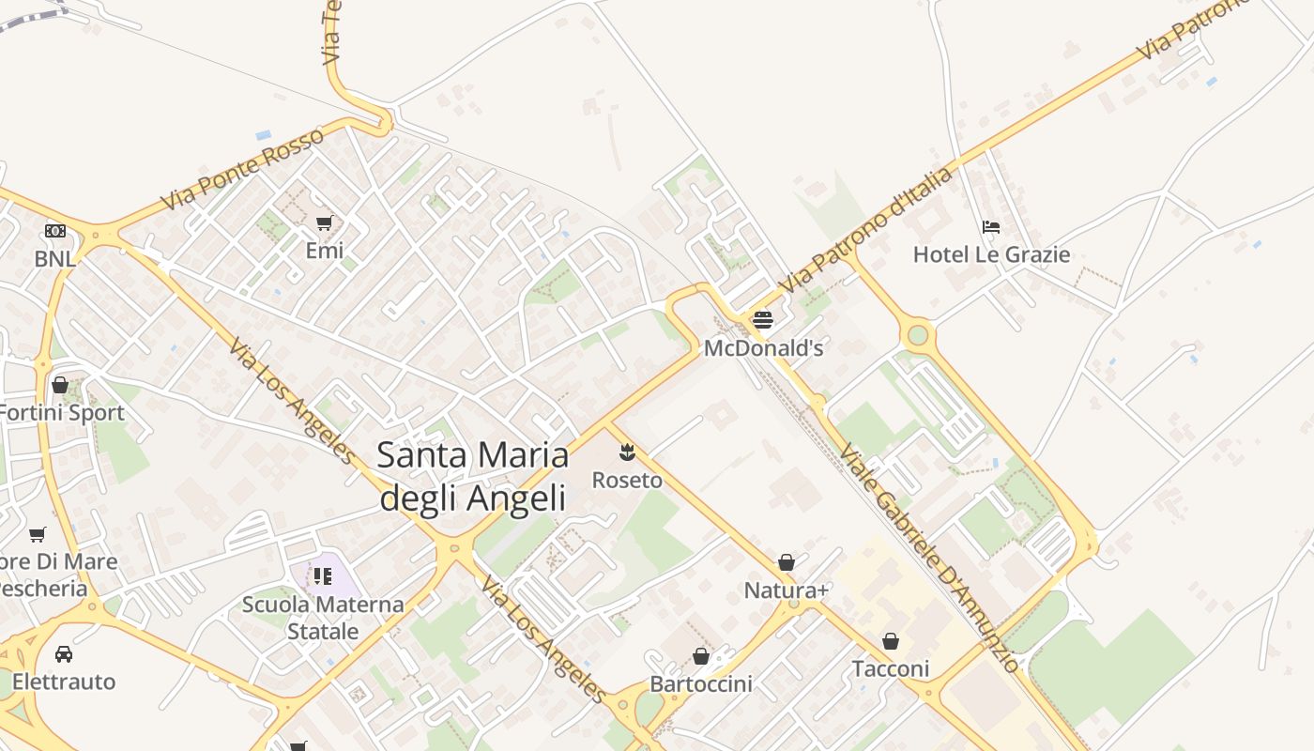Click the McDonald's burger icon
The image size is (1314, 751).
(x=762, y=320)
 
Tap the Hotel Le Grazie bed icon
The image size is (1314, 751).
(x=990, y=226)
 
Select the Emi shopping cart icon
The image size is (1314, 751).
(x=324, y=222)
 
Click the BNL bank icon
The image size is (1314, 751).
(x=55, y=230)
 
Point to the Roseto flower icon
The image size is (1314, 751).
(x=627, y=453)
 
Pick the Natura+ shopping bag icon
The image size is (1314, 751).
(x=787, y=562)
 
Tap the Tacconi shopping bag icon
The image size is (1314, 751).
(x=890, y=641)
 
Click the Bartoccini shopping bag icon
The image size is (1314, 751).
(x=701, y=656)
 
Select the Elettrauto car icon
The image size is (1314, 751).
(x=64, y=653)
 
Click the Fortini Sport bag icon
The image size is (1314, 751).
(x=60, y=385)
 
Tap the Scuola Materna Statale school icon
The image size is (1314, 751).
(x=323, y=575)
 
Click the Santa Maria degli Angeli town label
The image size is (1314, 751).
(x=472, y=476)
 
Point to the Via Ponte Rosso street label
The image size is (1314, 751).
(x=242, y=168)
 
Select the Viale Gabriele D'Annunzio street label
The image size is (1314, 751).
(x=928, y=558)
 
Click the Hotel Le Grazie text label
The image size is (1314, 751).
(x=991, y=254)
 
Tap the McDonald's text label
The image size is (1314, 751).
(x=763, y=348)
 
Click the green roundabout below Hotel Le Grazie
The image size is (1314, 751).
(x=918, y=334)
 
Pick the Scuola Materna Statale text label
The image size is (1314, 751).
(x=323, y=618)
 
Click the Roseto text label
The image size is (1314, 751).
(x=627, y=481)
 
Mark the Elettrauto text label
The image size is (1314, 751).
(x=64, y=682)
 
